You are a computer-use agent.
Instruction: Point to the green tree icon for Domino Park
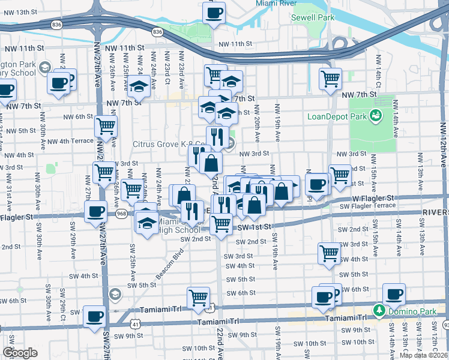379,310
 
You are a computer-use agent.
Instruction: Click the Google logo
20,353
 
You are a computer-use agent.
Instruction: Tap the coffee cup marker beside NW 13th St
215,13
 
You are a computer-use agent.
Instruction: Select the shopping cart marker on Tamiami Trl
198,298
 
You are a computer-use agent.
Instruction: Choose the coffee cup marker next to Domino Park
394,294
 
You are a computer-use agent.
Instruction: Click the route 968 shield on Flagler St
122,214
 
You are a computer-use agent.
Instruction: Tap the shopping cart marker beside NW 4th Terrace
106,127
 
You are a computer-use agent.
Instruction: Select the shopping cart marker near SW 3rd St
329,253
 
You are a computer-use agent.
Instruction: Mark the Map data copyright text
424,355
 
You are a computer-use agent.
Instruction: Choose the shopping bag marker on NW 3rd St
211,163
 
